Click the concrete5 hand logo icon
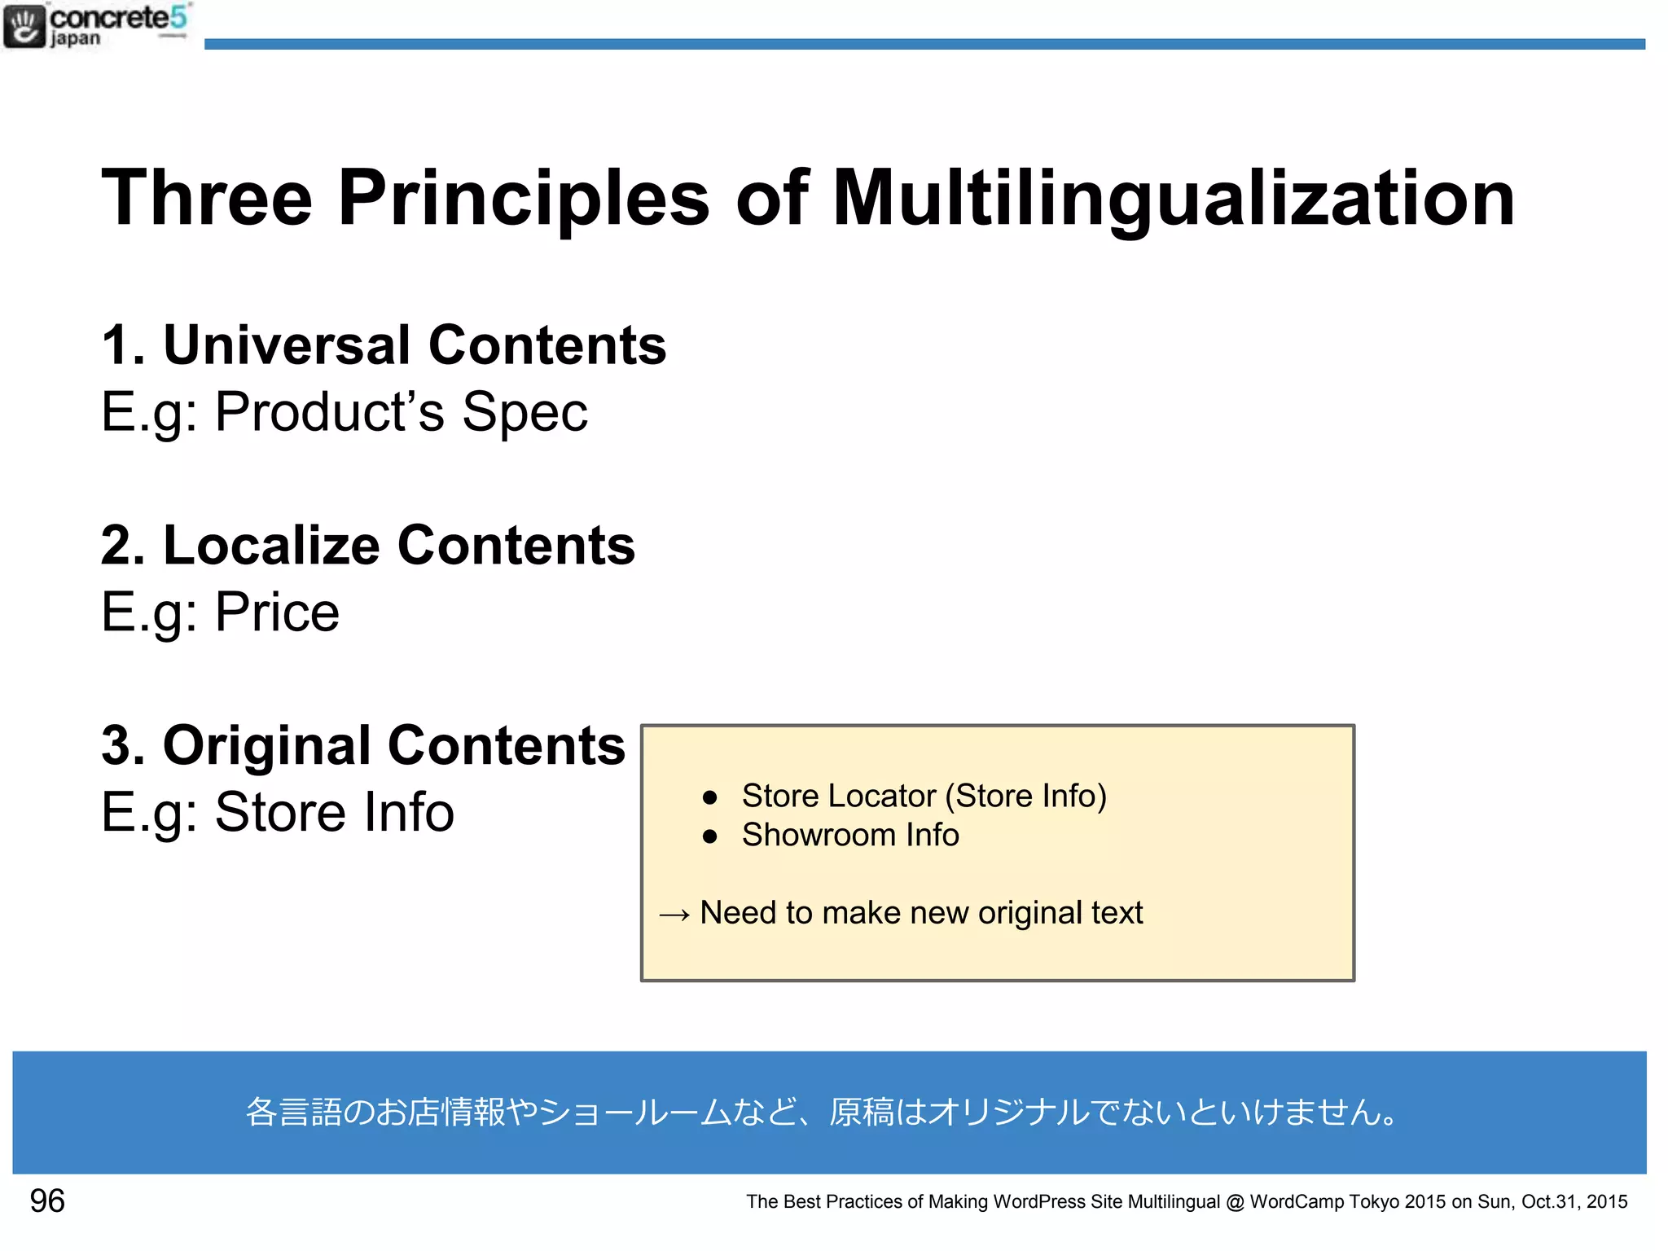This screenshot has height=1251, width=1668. point(24,26)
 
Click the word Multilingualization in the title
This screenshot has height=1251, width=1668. point(1173,198)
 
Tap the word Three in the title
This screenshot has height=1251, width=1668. point(207,198)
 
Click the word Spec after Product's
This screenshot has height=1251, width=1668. point(525,411)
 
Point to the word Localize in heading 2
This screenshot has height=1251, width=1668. point(271,545)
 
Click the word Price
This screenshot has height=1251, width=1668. point(277,612)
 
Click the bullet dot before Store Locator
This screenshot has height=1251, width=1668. point(709,797)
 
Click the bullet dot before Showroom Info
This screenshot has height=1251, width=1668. point(709,836)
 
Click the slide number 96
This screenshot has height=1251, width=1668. point(47,1201)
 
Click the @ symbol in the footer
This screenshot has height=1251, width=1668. point(1235,1203)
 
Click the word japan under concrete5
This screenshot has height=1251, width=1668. point(75,39)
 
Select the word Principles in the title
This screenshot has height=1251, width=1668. point(524,198)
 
